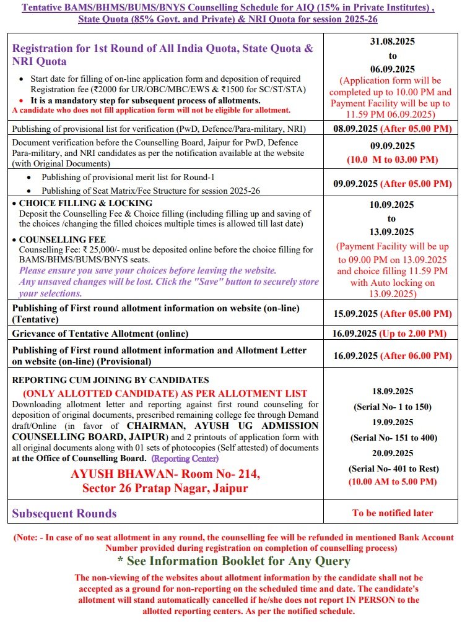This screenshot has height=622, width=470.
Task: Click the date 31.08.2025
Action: [x=393, y=41]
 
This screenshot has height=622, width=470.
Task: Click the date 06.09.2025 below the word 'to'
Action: [x=393, y=69]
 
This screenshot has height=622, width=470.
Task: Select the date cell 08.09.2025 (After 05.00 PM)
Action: [x=393, y=129]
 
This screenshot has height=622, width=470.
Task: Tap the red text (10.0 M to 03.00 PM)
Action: [x=393, y=160]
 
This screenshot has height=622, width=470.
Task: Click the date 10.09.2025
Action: [x=393, y=204]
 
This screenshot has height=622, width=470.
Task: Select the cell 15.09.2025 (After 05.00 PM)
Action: [x=393, y=314]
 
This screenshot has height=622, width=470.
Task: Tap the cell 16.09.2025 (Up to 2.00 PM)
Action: [x=393, y=334]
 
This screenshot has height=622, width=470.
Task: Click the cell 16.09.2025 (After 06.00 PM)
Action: [x=393, y=356]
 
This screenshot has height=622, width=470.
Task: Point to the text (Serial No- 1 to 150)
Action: [x=393, y=407]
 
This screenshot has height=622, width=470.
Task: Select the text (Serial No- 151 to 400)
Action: [x=393, y=437]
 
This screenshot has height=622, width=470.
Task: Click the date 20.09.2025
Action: [x=393, y=452]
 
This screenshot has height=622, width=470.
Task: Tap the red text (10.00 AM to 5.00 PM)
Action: [x=393, y=482]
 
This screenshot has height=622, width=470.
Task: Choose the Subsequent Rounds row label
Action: [x=64, y=513]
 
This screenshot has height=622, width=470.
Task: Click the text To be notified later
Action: [x=393, y=512]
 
